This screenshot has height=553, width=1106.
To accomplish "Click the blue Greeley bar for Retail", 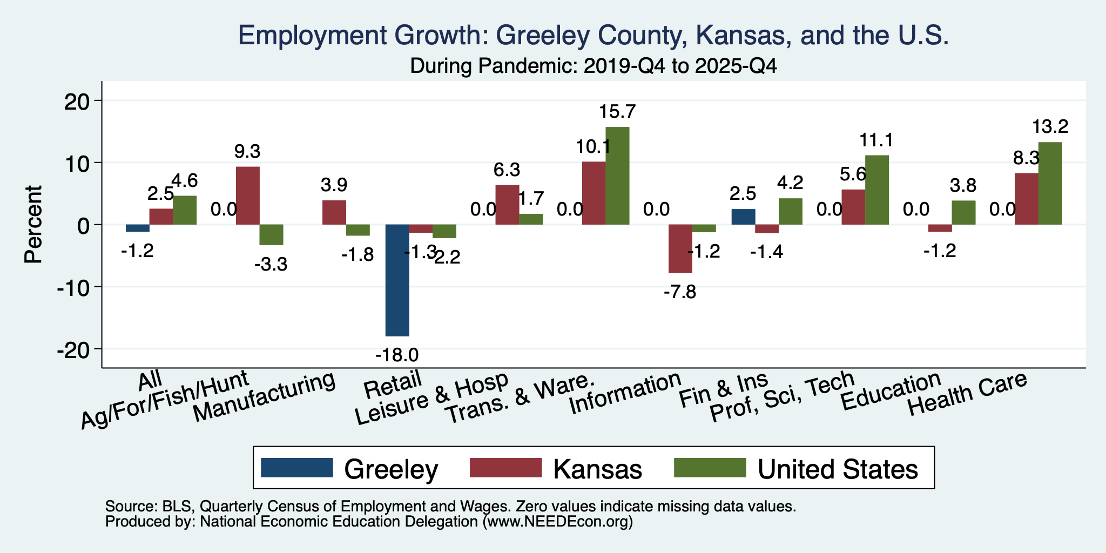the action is (x=397, y=280).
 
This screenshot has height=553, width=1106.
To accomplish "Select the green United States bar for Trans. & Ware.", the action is (x=617, y=176).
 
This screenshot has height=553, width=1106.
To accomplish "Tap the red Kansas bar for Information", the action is (x=680, y=248).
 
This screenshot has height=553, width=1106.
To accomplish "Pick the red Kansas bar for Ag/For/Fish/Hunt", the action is (x=247, y=195).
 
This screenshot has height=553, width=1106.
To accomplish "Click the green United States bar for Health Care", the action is (x=1050, y=183).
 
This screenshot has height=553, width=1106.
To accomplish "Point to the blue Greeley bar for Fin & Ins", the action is (x=743, y=217).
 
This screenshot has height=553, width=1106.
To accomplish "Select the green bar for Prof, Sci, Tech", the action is (x=877, y=190).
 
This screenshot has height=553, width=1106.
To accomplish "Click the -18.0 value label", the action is (x=397, y=355).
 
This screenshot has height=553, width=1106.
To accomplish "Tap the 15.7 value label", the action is (x=617, y=112).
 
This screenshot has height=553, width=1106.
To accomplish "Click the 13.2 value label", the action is (x=1050, y=127).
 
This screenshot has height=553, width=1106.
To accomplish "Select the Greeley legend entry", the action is (x=349, y=468).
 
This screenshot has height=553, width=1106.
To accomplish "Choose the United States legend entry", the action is (x=797, y=468).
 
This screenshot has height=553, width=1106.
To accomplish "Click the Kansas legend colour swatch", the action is (x=505, y=468).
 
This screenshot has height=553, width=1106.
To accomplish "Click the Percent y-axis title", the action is (x=33, y=224).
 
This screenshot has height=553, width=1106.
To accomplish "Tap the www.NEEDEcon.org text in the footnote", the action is (x=557, y=522).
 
